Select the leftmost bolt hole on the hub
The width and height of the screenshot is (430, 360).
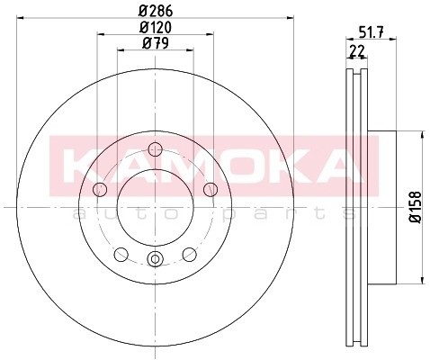100,189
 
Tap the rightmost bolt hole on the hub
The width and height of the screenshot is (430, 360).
211,189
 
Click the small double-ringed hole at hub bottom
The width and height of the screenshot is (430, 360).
155,260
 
